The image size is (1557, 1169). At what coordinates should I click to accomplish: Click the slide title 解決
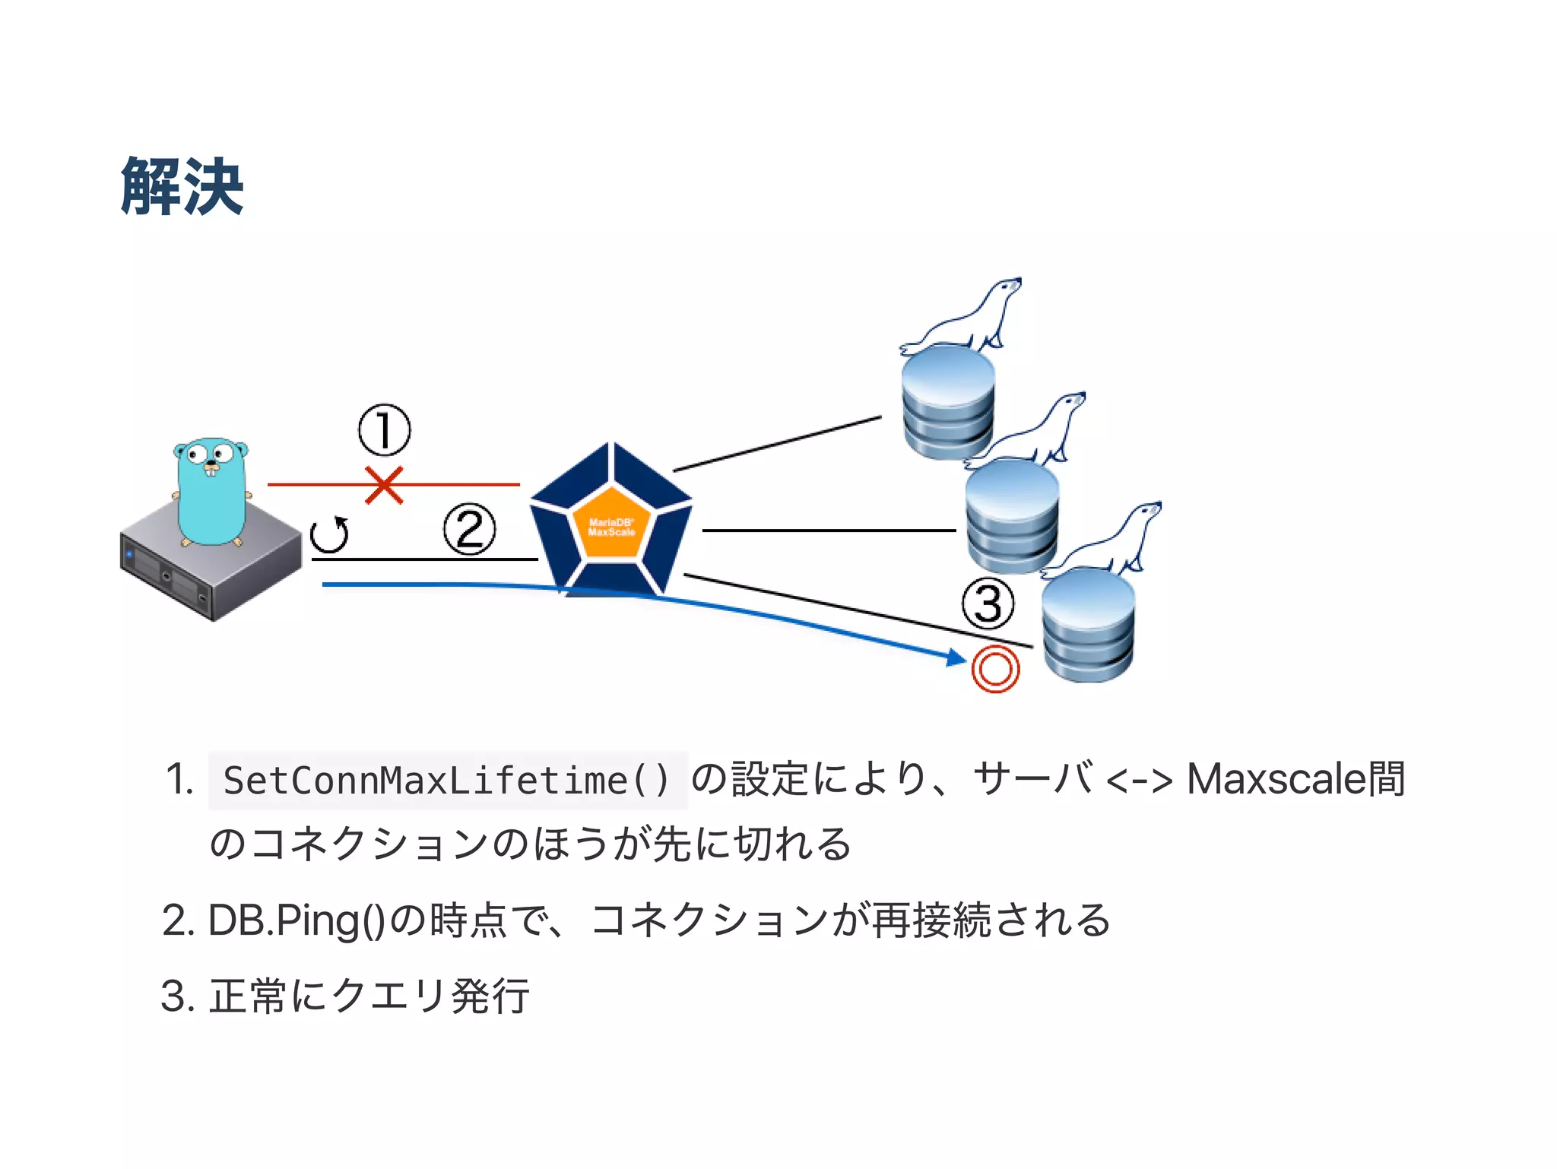click(x=182, y=186)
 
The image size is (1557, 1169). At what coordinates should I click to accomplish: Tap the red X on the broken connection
click(x=384, y=485)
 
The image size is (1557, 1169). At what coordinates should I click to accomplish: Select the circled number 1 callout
click(x=384, y=430)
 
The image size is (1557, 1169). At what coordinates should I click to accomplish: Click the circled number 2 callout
click(x=469, y=529)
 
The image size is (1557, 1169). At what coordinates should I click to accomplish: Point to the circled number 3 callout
click(x=988, y=604)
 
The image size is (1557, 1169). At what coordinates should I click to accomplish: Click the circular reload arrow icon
click(x=330, y=534)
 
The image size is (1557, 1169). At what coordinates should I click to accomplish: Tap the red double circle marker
click(x=995, y=669)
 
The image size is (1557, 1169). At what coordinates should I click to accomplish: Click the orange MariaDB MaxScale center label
click(x=611, y=527)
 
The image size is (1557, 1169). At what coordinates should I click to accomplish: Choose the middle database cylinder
click(x=1012, y=517)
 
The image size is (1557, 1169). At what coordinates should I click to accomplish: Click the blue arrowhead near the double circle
click(x=955, y=657)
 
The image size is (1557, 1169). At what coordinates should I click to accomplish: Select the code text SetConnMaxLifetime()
click(x=447, y=781)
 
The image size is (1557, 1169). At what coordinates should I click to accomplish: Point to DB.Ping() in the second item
click(x=296, y=920)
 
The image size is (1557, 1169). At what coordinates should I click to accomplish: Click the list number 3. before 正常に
click(x=179, y=996)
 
